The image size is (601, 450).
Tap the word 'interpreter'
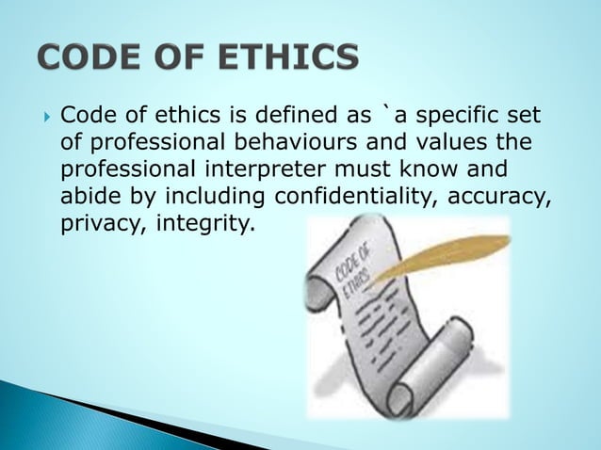tap(275, 171)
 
